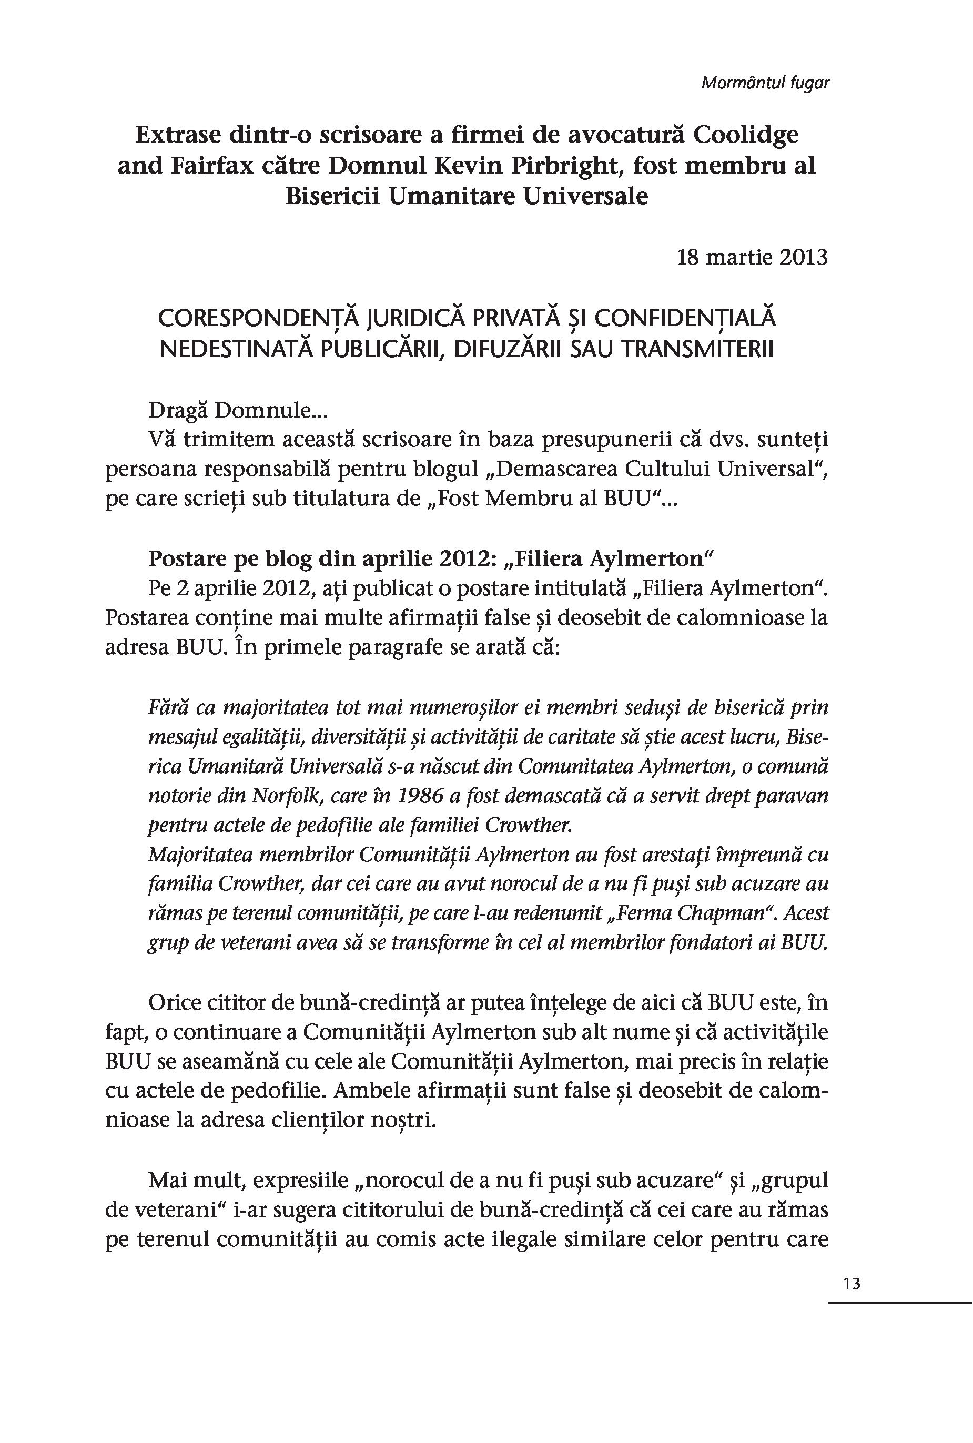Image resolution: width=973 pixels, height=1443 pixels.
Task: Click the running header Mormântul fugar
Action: tap(765, 83)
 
